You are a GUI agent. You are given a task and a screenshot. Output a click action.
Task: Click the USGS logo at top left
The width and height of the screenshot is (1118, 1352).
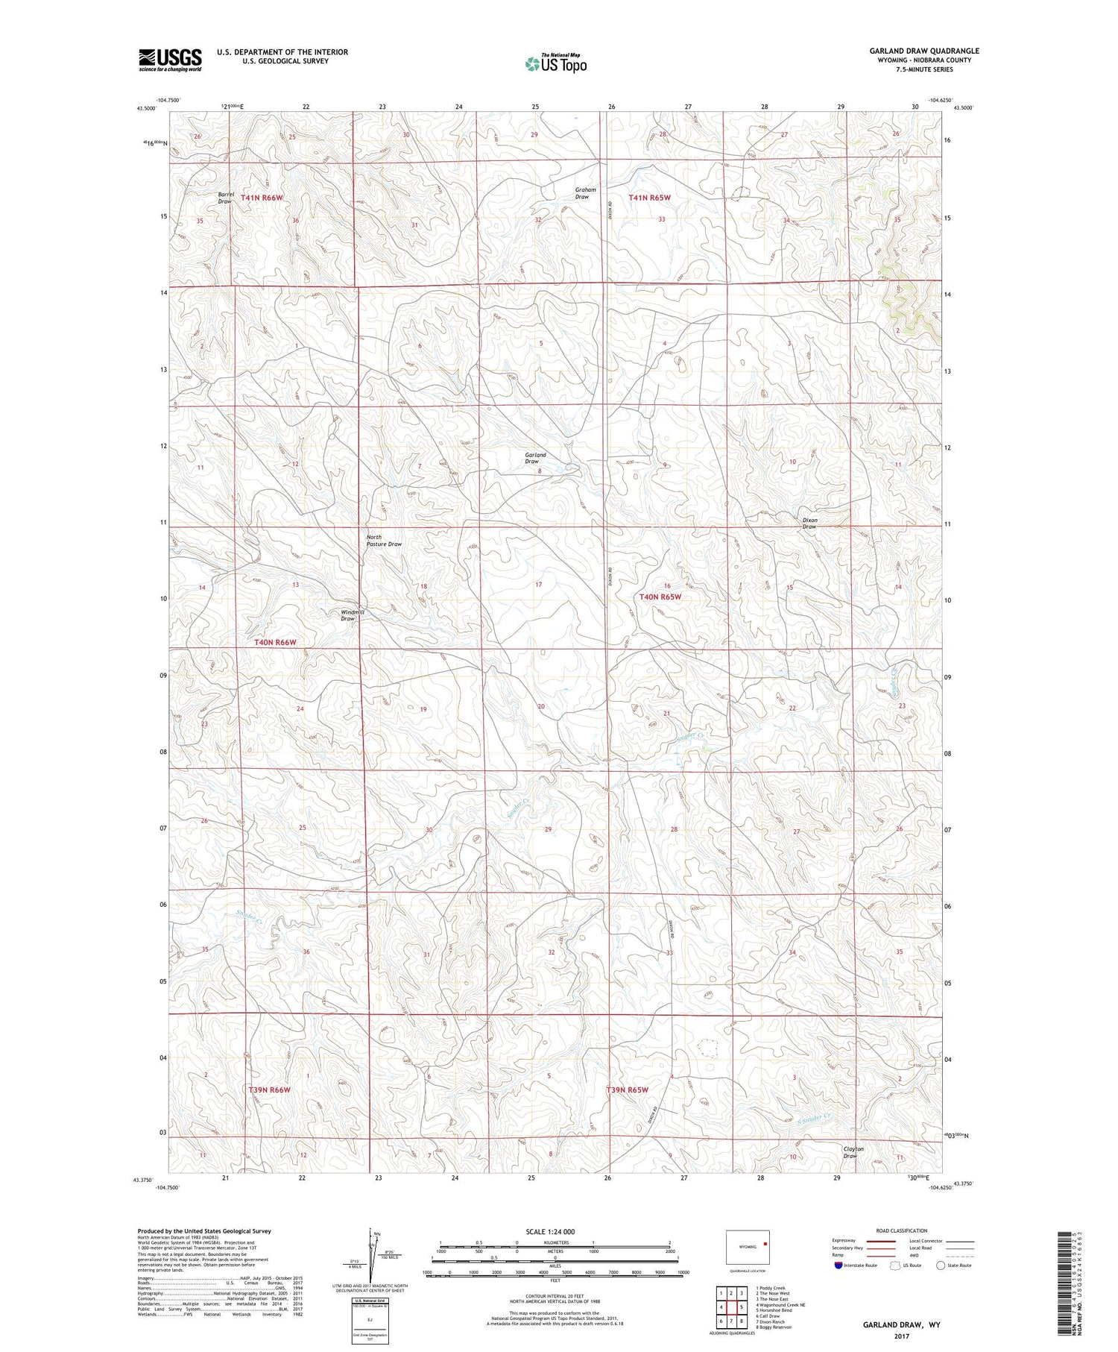[x=170, y=60]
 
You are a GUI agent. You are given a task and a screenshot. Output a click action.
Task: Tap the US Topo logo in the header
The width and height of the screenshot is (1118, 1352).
[x=555, y=64]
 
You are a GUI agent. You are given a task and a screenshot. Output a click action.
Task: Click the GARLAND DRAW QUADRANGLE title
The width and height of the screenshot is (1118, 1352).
[x=923, y=51]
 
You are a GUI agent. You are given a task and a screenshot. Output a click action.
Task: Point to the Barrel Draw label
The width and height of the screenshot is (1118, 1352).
[x=226, y=198]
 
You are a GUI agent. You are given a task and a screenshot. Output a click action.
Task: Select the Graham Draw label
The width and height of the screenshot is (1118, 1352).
[x=585, y=193]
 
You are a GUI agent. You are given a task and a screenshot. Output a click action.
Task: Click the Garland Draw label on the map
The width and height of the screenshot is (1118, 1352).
[x=534, y=458]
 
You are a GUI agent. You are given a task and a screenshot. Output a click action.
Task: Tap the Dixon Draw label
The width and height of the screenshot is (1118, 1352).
[x=809, y=523]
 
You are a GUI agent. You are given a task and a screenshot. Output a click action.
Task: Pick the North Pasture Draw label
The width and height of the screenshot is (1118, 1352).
[x=383, y=541]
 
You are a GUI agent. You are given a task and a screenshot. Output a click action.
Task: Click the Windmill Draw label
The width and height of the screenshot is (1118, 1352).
[x=353, y=615]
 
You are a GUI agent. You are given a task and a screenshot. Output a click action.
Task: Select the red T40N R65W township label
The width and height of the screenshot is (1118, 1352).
[x=660, y=597]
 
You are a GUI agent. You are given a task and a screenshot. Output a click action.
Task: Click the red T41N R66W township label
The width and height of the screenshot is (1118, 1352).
[x=262, y=198]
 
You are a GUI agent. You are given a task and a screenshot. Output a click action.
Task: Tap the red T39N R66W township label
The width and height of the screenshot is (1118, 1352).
[x=268, y=1090]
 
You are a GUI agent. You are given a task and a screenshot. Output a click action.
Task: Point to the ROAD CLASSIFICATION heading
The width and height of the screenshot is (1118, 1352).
[x=902, y=1230]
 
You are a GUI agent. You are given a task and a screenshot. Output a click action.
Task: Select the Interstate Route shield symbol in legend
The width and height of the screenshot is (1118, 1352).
[x=838, y=1265]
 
